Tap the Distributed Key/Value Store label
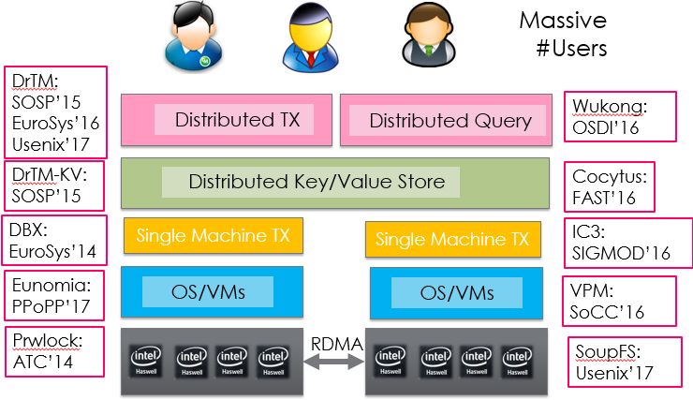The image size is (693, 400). [317, 182]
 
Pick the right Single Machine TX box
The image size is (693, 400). [452, 240]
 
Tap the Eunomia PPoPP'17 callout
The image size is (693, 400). [52, 293]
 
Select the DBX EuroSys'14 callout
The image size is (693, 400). [52, 239]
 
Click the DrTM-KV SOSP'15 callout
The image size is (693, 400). [52, 185]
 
